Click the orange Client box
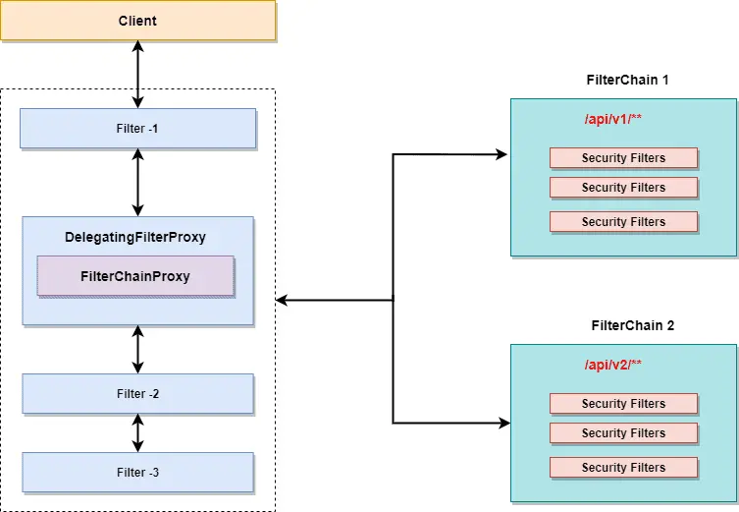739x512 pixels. tap(137, 21)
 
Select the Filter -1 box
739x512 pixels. tap(137, 128)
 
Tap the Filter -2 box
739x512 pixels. tap(137, 393)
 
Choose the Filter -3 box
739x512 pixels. tap(137, 472)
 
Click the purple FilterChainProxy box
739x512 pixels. tap(135, 276)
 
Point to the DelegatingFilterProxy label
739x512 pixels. tap(135, 237)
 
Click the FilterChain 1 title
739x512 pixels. tap(627, 80)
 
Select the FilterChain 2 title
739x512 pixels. tap(632, 325)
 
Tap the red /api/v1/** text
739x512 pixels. tap(613, 119)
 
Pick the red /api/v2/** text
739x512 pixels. tap(613, 365)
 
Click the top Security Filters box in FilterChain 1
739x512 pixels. tap(623, 158)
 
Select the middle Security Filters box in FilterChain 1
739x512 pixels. tap(623, 188)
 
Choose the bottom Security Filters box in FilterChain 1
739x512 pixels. tap(623, 222)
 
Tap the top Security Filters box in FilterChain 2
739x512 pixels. tap(623, 404)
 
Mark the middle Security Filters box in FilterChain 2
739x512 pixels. tap(623, 433)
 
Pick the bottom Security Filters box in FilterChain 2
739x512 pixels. tap(623, 468)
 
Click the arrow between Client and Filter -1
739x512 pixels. tap(137, 75)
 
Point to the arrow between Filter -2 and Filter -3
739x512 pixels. tap(137, 432)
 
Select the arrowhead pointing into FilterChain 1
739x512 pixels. tap(502, 154)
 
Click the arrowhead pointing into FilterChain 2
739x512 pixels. tap(502, 424)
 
